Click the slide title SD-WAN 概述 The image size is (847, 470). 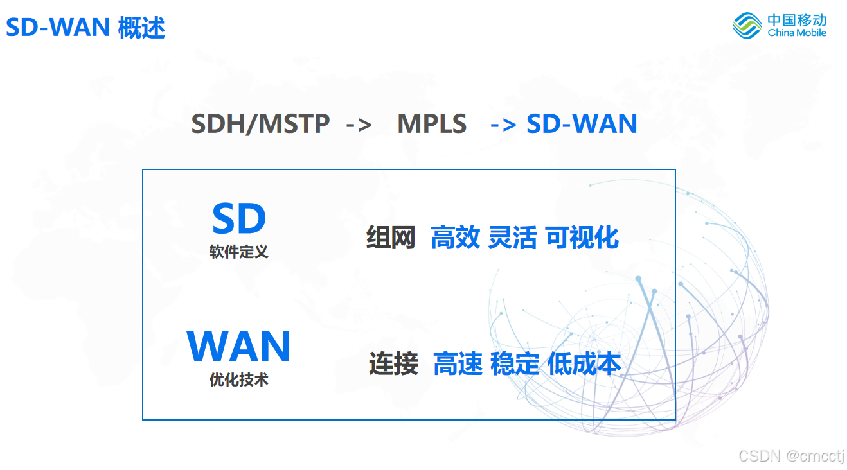pyautogui.click(x=85, y=28)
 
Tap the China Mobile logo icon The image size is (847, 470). pyautogui.click(x=747, y=26)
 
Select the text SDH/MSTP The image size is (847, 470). pyautogui.click(x=260, y=123)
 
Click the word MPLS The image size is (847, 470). pyautogui.click(x=432, y=123)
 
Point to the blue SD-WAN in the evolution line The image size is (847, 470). pyautogui.click(x=582, y=123)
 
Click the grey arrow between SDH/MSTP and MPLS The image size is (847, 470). pyautogui.click(x=359, y=124)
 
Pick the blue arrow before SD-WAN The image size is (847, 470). pyautogui.click(x=503, y=124)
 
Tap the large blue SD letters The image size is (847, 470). pyautogui.click(x=239, y=219)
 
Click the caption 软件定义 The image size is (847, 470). pyautogui.click(x=238, y=252)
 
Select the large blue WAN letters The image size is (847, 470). pyautogui.click(x=238, y=347)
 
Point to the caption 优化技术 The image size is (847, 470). pyautogui.click(x=238, y=380)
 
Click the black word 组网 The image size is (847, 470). pyautogui.click(x=391, y=238)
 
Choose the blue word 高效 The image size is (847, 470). pyautogui.click(x=455, y=238)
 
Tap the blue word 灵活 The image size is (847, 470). pyautogui.click(x=512, y=238)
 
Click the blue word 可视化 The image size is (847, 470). pyautogui.click(x=582, y=238)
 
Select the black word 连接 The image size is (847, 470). pyautogui.click(x=393, y=364)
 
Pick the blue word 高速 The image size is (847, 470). pyautogui.click(x=458, y=364)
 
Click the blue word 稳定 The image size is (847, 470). pyautogui.click(x=515, y=364)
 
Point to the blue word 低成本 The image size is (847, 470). pyautogui.click(x=584, y=364)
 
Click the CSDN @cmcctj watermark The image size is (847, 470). pyautogui.click(x=791, y=456)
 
